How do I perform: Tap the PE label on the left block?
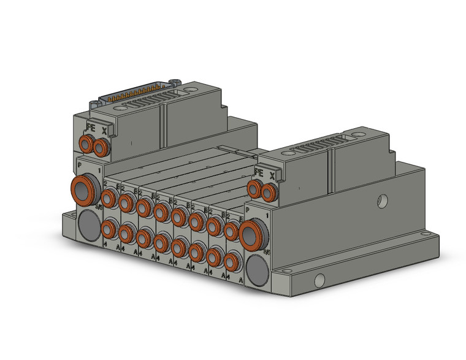tap(90, 129)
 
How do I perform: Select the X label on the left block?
tap(104, 130)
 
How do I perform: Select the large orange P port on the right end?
tap(250, 235)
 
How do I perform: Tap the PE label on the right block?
tap(258, 172)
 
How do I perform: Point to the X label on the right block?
tap(272, 175)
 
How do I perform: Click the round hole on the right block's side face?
tap(381, 200)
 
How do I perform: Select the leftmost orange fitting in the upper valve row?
tap(110, 197)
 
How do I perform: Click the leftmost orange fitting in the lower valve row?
tap(109, 229)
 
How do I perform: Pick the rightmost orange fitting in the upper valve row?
tap(230, 231)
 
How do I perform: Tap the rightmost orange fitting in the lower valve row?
tap(231, 262)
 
